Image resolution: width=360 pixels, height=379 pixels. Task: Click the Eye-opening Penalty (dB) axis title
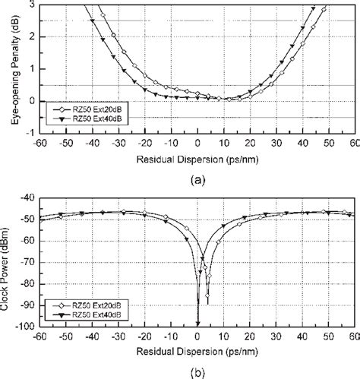pyautogui.click(x=9, y=67)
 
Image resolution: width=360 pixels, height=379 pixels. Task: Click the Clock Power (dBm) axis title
pyautogui.click(x=9, y=262)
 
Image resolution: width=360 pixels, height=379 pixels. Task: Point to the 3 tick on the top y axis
pyautogui.click(x=30, y=5)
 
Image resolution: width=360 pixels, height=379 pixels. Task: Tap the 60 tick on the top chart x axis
pyautogui.click(x=353, y=141)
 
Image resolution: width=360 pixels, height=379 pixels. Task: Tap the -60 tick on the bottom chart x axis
pyautogui.click(x=38, y=334)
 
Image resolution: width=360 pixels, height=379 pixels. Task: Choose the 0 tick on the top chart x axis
pyautogui.click(x=197, y=141)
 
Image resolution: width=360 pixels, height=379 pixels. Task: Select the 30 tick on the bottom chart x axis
pyautogui.click(x=275, y=334)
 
